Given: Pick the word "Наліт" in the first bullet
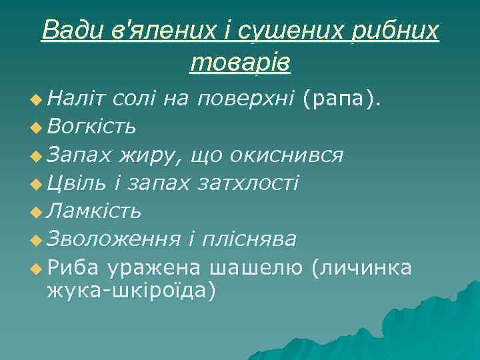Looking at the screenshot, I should [x=77, y=99].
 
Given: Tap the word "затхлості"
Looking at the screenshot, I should [x=249, y=183].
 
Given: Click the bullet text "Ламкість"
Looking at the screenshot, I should [x=94, y=211].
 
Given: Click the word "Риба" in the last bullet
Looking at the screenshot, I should [x=73, y=267].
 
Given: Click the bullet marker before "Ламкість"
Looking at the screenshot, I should [x=35, y=212].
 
